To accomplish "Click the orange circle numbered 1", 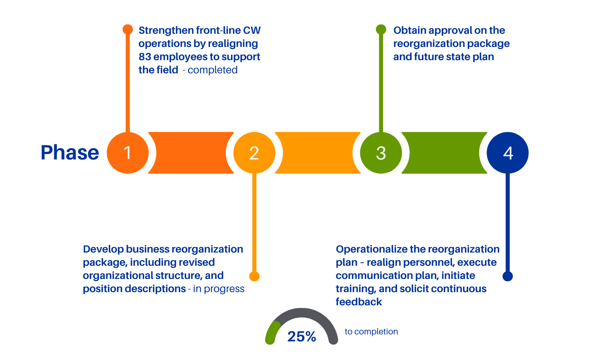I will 128,153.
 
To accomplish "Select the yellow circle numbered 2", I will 254,153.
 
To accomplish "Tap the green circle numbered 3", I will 381,153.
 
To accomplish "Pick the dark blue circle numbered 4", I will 508,153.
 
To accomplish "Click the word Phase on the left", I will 70,152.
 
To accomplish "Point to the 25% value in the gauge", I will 302,336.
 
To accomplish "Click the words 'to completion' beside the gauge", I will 371,332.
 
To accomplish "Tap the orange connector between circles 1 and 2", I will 191,153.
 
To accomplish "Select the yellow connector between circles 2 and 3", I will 318,153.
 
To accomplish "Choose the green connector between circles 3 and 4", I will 444,153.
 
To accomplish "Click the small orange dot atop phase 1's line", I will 128,29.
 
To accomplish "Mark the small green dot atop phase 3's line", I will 381,29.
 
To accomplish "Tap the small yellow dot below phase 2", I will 254,276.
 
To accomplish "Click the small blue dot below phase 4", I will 508,276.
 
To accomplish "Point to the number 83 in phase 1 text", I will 145,57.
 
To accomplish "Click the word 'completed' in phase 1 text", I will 212,70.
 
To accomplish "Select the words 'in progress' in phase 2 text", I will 219,289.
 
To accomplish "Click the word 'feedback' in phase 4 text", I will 359,302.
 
